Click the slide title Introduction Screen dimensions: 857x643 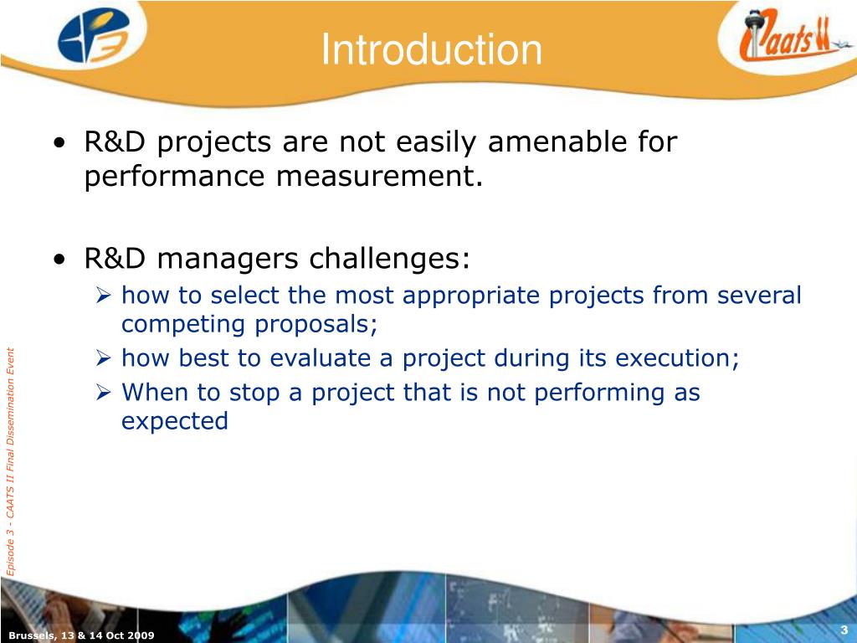pos(431,49)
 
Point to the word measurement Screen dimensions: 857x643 pos(380,176)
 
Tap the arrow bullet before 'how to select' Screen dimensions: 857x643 pos(103,296)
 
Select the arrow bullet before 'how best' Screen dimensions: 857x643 pos(103,358)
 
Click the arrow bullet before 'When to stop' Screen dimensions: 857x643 pos(103,393)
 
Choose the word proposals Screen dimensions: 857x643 pos(316,325)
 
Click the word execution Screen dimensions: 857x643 pos(677,358)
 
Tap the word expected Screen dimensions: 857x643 pos(175,422)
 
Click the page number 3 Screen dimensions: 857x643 pos(844,630)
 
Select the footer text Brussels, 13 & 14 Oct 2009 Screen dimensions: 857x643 pos(81,635)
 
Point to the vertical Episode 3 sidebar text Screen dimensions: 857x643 pos(10,461)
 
